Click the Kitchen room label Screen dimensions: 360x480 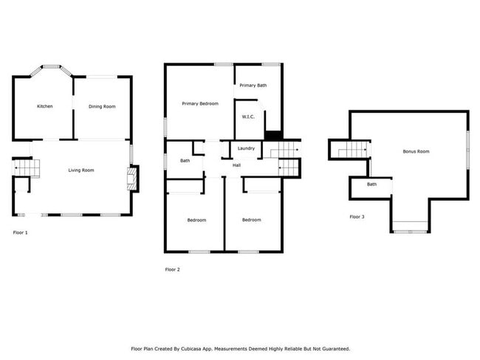coord(45,106)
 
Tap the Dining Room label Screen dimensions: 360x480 coord(102,106)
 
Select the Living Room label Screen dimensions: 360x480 coord(81,170)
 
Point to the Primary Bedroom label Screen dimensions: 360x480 coord(200,103)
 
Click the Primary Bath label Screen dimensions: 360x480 coord(253,86)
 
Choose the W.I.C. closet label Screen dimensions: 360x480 coord(248,117)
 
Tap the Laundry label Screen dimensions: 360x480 coord(247,148)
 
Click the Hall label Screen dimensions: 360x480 coord(236,165)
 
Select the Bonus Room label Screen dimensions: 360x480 coord(416,151)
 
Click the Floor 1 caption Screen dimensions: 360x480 coord(21,232)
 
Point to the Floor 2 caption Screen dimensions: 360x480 coord(172,269)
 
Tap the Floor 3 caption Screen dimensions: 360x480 coord(357,216)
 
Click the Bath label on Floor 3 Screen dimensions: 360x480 coord(371,184)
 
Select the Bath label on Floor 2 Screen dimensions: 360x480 coord(185,160)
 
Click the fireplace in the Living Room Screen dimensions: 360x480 coord(131,179)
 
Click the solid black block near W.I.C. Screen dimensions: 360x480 coord(273,135)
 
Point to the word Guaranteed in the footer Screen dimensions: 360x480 coord(333,348)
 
